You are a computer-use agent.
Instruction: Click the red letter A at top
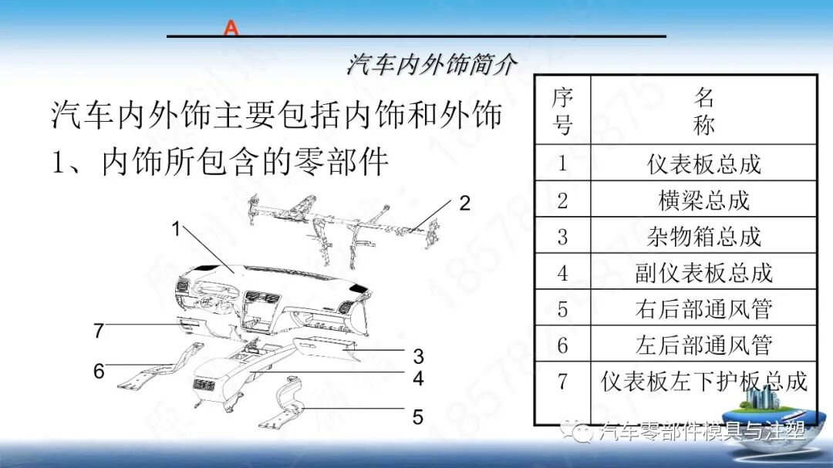coord(231,29)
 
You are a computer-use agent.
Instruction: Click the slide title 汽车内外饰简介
coord(430,64)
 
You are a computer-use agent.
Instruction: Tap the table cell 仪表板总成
coord(703,163)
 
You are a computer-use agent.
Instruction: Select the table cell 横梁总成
coord(703,200)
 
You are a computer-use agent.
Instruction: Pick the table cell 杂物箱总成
coord(703,236)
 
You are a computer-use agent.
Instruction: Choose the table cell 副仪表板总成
coord(703,272)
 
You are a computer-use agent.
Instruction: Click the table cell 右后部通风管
coord(703,308)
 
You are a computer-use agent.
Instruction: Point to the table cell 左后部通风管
coord(703,345)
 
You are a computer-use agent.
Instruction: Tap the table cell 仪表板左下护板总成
coord(703,381)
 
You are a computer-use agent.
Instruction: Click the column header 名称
coord(703,110)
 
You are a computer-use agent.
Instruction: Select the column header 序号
coord(562,110)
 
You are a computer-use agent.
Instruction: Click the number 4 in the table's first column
coord(562,272)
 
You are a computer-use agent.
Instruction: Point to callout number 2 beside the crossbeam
coord(464,204)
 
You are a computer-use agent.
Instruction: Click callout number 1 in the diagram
coord(176,229)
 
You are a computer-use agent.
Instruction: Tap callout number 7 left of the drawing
coord(99,332)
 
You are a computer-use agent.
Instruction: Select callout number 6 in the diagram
coord(99,372)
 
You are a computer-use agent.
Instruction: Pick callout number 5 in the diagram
coord(417,417)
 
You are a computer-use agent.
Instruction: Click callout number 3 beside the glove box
coord(418,356)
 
